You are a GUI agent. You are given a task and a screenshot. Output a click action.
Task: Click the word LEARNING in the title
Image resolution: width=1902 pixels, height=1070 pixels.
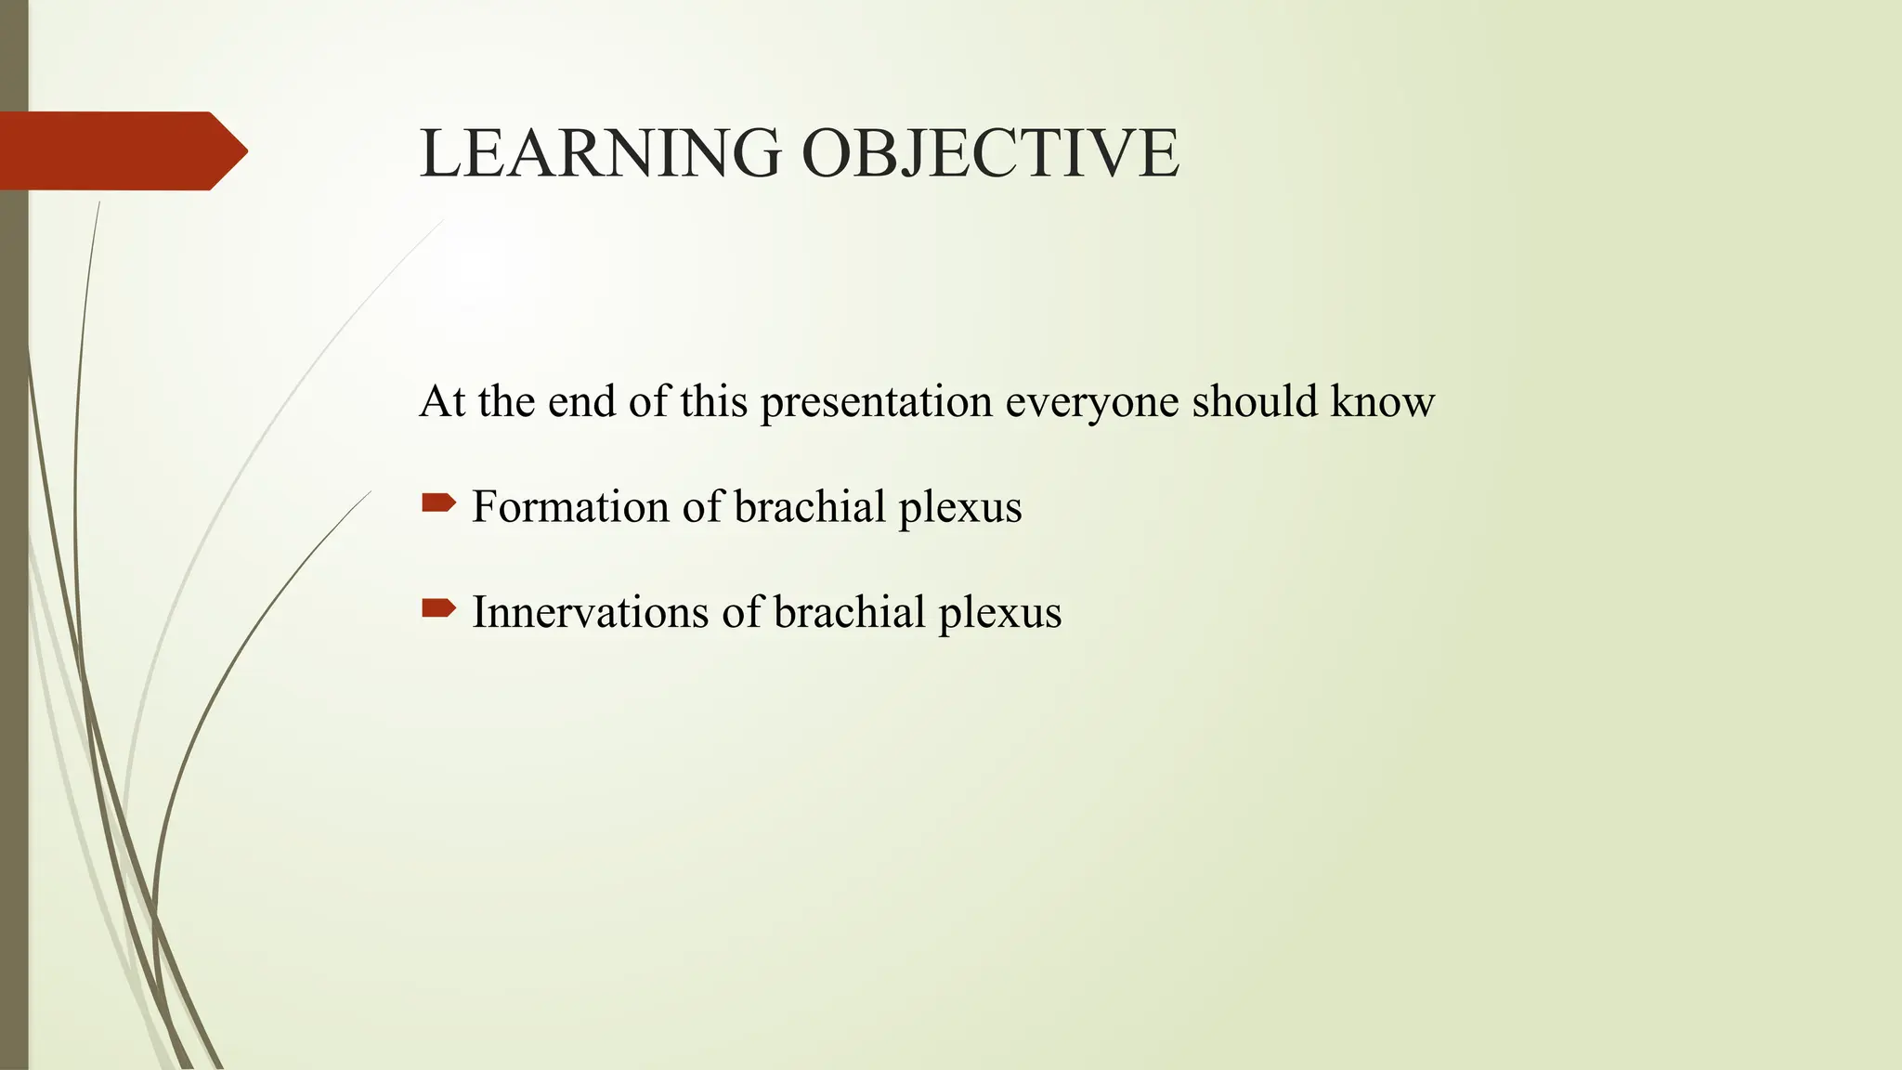tap(600, 153)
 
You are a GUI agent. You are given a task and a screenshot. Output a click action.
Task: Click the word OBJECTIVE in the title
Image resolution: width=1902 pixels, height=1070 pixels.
tap(989, 153)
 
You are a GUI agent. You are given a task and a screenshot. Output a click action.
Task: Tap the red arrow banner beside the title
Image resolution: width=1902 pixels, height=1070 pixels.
tap(111, 150)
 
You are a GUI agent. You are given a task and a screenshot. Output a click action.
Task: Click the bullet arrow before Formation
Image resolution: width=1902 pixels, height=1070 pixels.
tap(438, 504)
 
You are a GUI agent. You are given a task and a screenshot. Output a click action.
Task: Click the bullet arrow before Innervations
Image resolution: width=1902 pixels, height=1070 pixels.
tap(438, 609)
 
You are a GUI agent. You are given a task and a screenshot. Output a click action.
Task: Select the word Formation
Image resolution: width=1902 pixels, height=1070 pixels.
tap(570, 507)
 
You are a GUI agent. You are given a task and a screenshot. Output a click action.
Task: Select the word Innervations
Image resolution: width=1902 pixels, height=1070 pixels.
tap(590, 612)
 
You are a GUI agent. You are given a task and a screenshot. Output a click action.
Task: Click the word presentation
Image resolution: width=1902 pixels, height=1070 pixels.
tap(876, 402)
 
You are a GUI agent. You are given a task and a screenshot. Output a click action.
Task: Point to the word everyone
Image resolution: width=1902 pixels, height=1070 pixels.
tap(1091, 402)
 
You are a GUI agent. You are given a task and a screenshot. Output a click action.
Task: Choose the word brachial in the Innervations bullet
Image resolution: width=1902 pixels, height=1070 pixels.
tap(849, 612)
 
